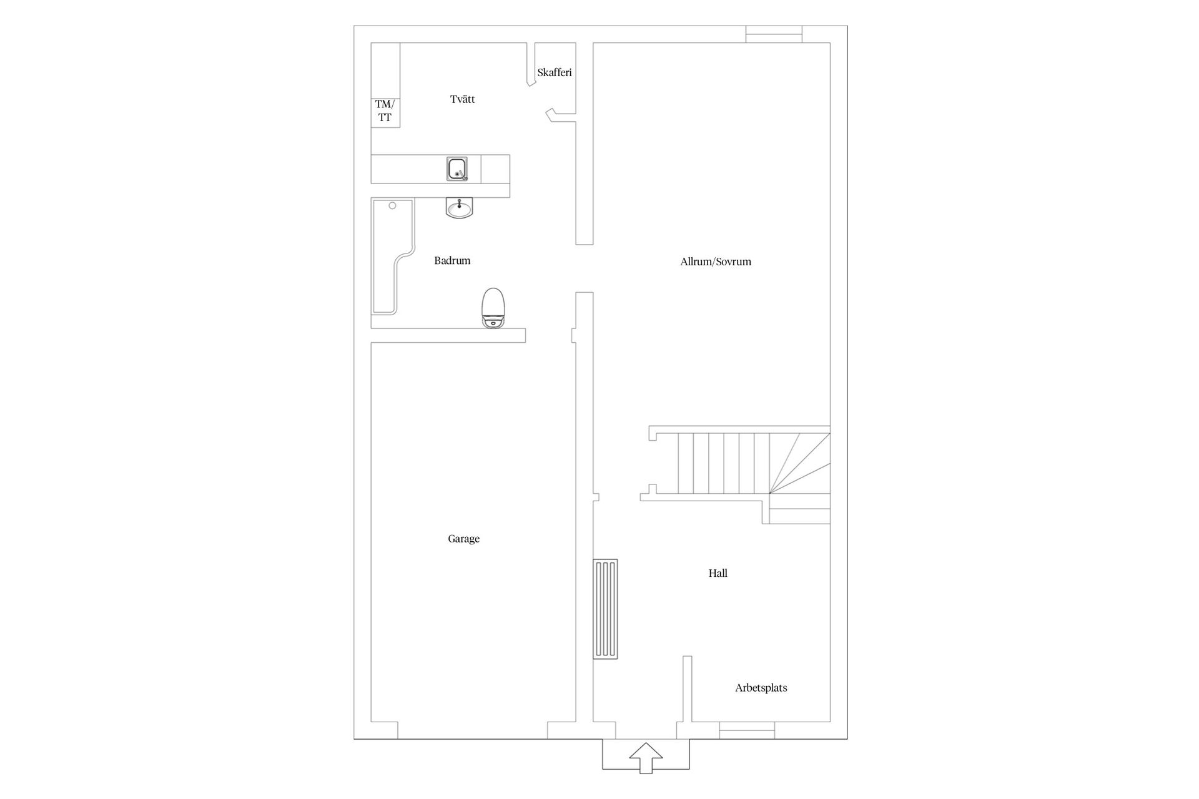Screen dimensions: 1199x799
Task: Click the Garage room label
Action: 463,539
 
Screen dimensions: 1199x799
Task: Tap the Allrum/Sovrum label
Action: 716,262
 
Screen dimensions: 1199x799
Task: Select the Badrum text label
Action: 452,260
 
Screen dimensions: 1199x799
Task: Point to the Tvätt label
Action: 462,99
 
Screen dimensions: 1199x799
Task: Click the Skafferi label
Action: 555,72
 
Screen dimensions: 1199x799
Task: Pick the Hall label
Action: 718,573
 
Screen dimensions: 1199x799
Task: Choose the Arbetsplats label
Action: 761,688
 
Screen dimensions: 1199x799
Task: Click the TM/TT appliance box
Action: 385,112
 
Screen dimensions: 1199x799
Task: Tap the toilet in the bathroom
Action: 493,308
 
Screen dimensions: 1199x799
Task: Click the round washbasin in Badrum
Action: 460,208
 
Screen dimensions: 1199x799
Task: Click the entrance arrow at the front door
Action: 646,758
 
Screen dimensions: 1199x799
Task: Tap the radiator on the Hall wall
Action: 605,609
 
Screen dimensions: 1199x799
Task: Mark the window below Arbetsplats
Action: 747,730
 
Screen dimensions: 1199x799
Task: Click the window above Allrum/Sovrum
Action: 774,34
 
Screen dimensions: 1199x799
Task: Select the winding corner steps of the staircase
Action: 800,463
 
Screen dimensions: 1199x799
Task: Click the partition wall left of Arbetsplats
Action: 688,689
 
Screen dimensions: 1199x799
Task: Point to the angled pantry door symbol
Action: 552,115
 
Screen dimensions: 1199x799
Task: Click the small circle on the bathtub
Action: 393,205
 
